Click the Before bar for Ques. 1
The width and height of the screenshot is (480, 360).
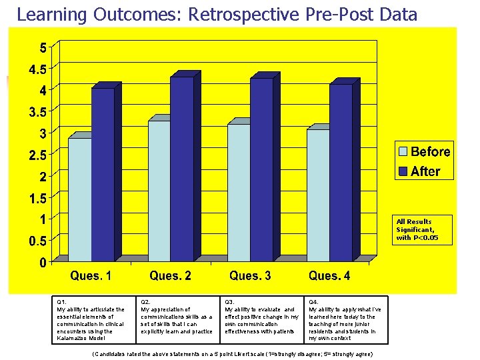point(79,199)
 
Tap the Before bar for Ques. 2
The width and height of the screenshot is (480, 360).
point(159,191)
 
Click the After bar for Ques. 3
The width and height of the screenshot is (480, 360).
point(261,169)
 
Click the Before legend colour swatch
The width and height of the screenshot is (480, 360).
point(403,152)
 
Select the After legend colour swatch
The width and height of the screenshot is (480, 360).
point(403,171)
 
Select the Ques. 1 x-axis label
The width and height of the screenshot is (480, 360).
point(92,276)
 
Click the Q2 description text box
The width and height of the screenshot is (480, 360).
point(177,320)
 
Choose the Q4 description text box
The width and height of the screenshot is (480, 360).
point(345,320)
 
